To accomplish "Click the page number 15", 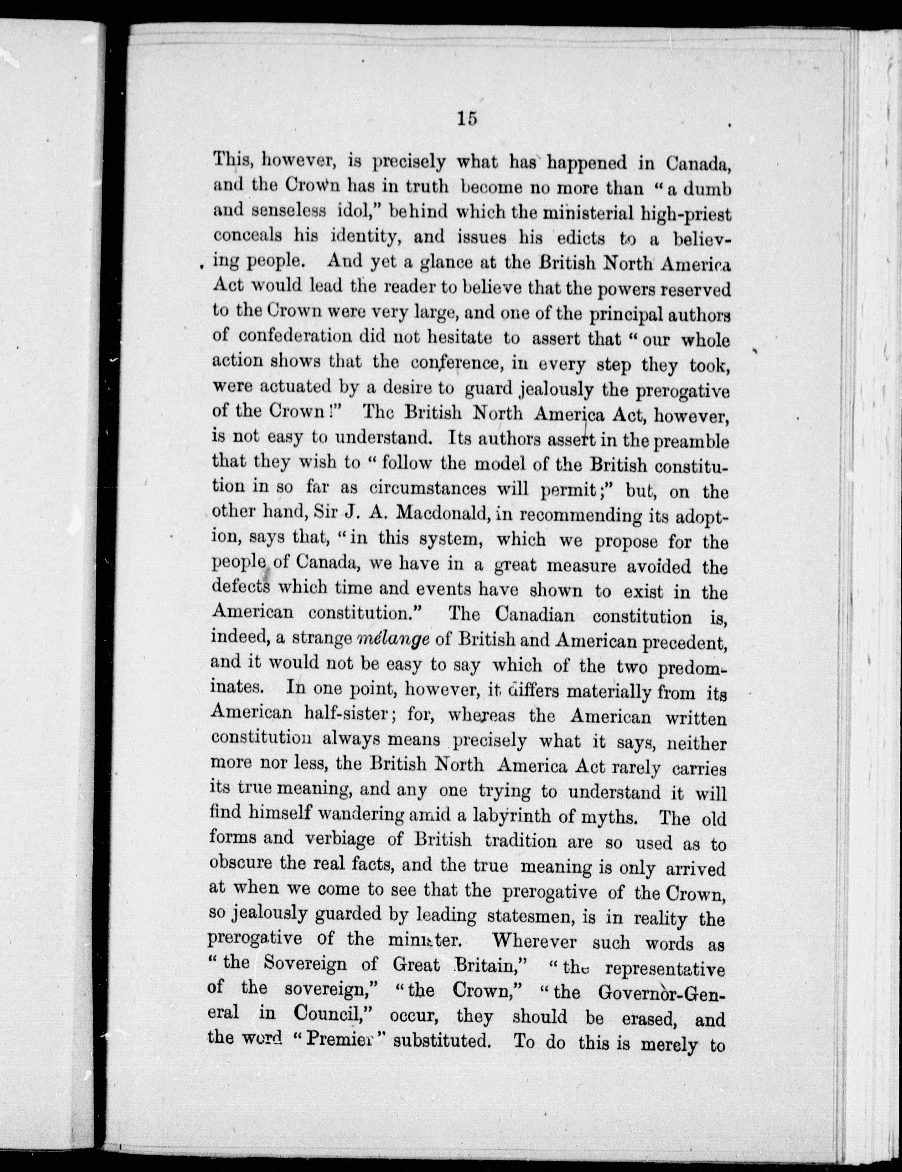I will [467, 119].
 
